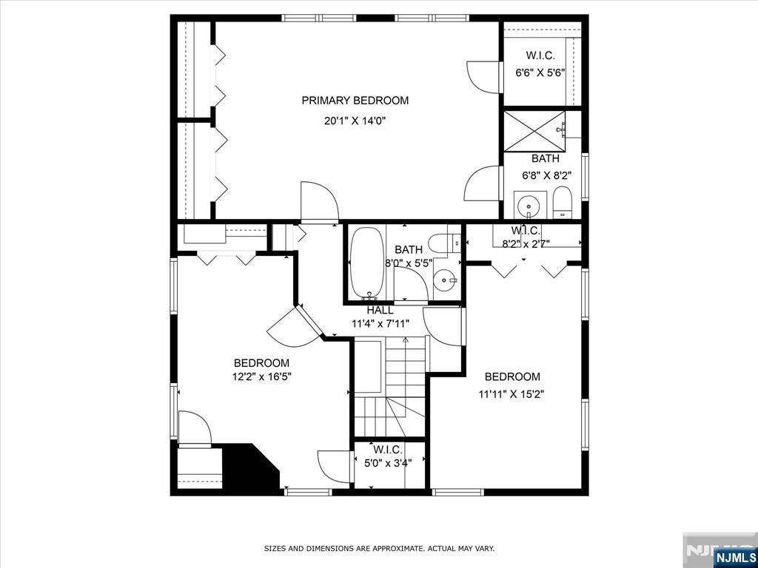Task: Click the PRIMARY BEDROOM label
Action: coord(355,101)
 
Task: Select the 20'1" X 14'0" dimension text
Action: coord(355,121)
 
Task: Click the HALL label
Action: coord(380,310)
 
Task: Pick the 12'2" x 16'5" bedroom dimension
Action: coord(261,376)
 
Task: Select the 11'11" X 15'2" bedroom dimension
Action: coord(513,394)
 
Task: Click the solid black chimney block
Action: coord(247,467)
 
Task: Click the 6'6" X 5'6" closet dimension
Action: coord(540,72)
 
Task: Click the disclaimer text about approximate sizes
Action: coord(379,549)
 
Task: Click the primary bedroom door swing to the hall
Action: coord(319,201)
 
